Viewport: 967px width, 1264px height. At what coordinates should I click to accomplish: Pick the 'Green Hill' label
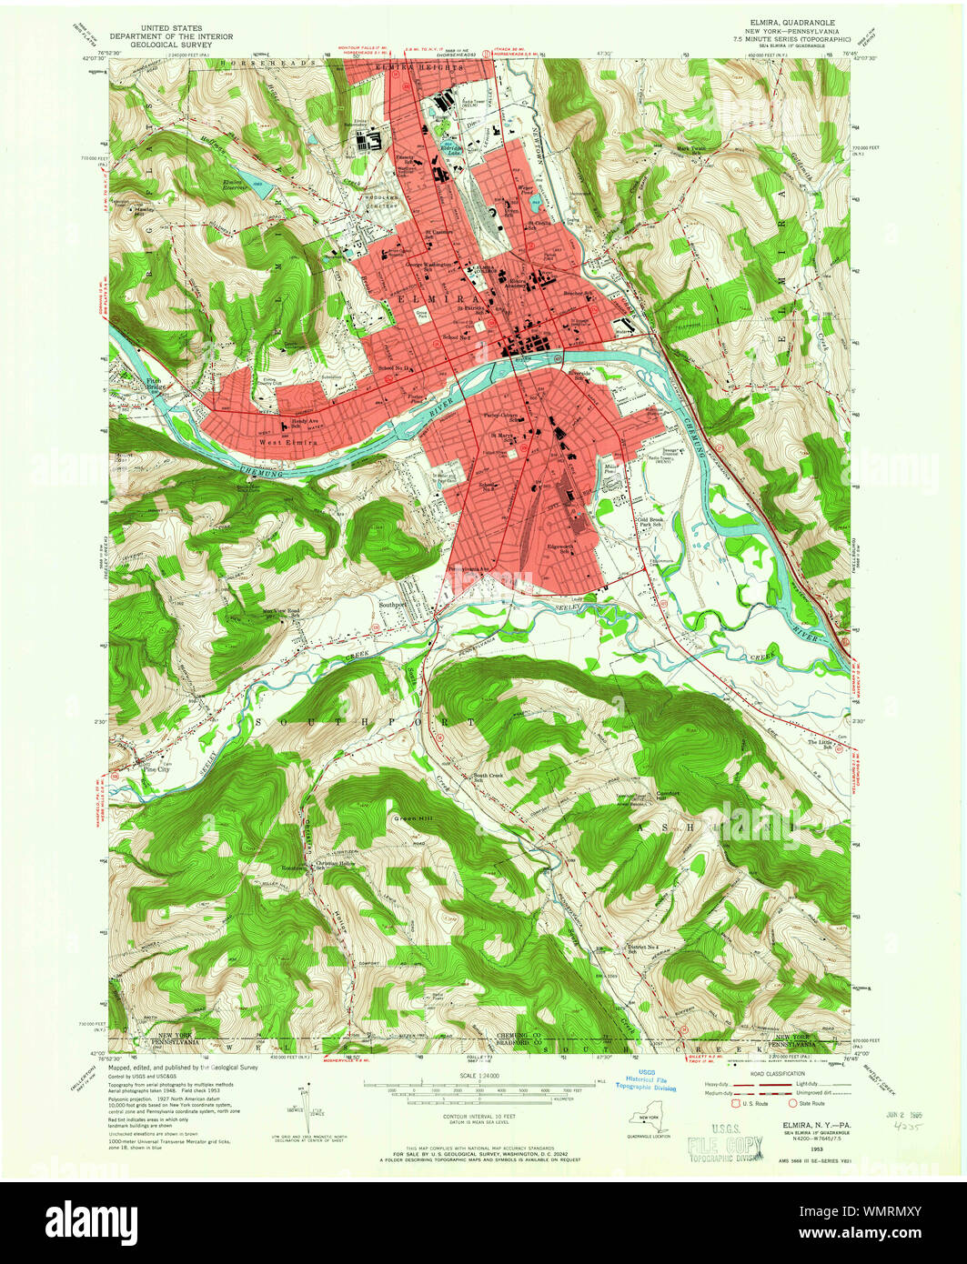409,818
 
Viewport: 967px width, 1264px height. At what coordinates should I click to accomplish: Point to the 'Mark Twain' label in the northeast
691,149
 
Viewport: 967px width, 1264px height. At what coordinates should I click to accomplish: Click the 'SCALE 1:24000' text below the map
482,1077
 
